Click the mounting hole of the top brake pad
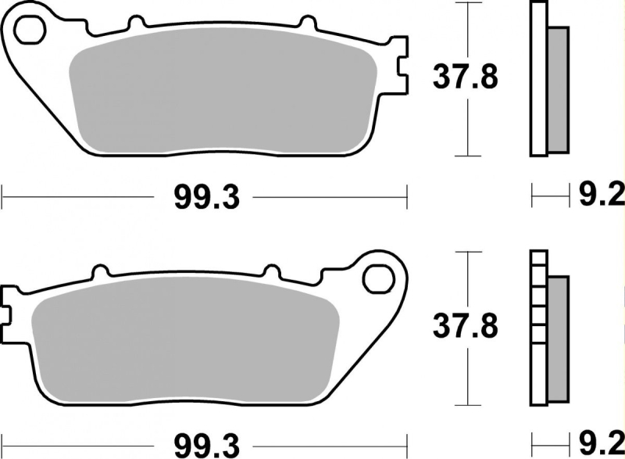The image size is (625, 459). [30, 30]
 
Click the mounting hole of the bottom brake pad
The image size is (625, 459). [378, 278]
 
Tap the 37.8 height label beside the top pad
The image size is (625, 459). [465, 77]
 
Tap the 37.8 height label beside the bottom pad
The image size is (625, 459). [465, 326]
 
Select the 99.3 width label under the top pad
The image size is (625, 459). [207, 198]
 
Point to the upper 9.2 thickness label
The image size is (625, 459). [601, 195]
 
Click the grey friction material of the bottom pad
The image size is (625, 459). [185, 338]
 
